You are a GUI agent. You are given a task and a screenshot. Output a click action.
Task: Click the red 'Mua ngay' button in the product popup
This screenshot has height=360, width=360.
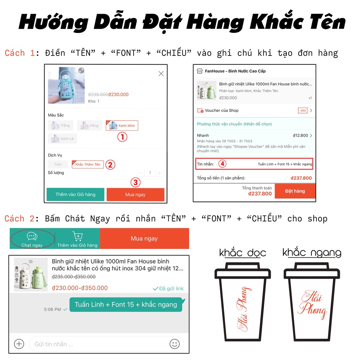tap(135, 194)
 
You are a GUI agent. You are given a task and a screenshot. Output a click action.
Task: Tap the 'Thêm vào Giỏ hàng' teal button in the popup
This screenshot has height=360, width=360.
tap(76, 194)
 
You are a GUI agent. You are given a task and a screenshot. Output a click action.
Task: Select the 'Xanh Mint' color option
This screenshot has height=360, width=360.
tap(122, 126)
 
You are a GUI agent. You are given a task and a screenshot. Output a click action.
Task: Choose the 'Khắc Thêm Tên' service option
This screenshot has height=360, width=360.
tap(88, 164)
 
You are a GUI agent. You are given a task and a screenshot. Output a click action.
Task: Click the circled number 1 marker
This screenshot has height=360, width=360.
tap(122, 137)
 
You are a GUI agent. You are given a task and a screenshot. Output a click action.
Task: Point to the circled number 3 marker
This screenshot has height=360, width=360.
tap(136, 182)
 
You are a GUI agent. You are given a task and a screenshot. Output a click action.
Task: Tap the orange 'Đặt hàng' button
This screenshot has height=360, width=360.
tap(295, 191)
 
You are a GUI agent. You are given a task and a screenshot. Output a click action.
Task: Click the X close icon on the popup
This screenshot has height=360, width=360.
tap(161, 73)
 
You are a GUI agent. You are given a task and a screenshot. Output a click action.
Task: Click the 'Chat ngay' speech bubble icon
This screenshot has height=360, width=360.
tap(32, 237)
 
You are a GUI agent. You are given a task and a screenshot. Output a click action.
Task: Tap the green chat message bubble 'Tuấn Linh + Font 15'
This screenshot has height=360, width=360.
tap(126, 304)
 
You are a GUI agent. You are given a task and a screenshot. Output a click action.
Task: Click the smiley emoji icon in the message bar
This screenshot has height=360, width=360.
tap(174, 344)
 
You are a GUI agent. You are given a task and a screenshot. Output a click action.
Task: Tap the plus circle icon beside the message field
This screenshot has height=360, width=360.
tap(19, 344)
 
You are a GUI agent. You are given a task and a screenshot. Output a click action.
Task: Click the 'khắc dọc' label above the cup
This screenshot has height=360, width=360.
tap(243, 253)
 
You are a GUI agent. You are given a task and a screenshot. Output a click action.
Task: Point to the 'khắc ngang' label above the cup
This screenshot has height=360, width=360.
tap(312, 253)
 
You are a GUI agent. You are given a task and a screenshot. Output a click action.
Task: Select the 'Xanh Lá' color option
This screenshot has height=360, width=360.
tap(63, 139)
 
